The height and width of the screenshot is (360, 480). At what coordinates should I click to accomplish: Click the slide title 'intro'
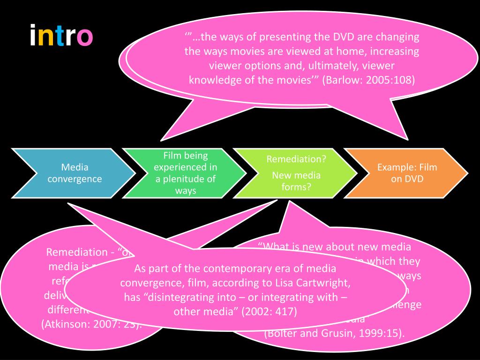pyautogui.click(x=61, y=37)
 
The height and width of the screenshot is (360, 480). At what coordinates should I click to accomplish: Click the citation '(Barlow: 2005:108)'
pyautogui.click(x=369, y=79)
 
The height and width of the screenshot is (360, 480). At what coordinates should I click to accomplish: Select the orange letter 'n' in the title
pyautogui.click(x=45, y=37)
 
